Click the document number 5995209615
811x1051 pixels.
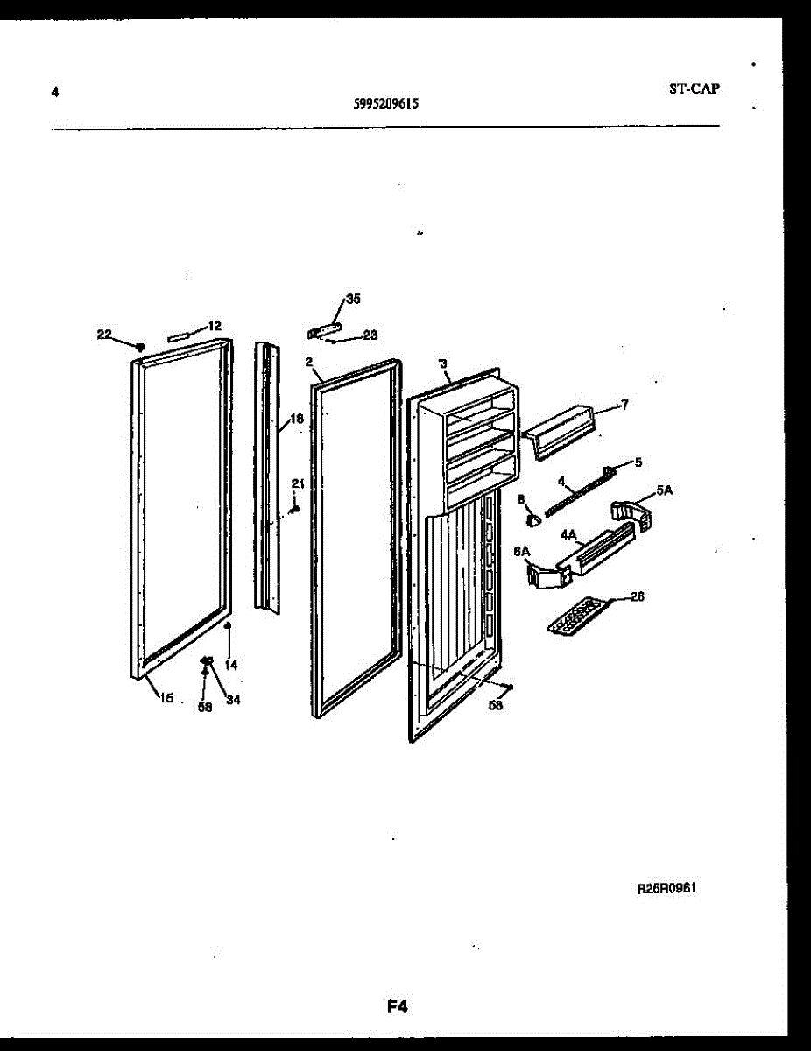point(385,102)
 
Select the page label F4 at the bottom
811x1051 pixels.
point(398,1006)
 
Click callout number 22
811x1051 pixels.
point(104,334)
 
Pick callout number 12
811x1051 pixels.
point(214,326)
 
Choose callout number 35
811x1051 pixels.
point(352,299)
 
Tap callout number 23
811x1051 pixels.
point(370,335)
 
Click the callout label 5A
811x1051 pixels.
point(664,491)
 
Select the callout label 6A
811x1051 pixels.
point(522,551)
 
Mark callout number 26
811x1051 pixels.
point(637,596)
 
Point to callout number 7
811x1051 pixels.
point(624,405)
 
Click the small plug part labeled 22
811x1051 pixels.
point(138,348)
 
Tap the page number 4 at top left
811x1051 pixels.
point(55,91)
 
